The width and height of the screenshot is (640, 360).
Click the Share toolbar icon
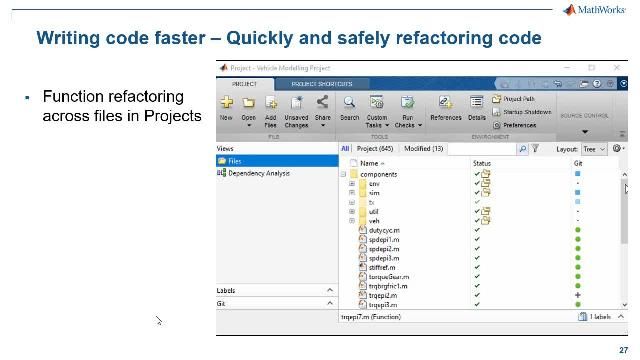tap(322, 107)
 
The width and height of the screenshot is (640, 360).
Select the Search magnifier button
tap(349, 107)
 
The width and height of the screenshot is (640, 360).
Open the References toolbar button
tap(446, 107)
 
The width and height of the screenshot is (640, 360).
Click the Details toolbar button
tap(477, 107)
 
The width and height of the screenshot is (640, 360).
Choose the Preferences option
tap(520, 125)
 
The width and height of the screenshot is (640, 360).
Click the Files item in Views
tap(234, 161)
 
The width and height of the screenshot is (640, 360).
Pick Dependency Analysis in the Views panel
tap(258, 173)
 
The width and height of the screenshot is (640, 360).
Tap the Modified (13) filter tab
tap(423, 148)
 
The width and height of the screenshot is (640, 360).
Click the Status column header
tap(482, 162)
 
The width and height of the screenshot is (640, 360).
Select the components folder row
tap(378, 174)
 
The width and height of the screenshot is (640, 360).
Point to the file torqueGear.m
tap(388, 277)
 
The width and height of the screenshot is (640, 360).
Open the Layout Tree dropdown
tap(595, 148)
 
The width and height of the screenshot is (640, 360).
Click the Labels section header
tap(227, 291)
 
